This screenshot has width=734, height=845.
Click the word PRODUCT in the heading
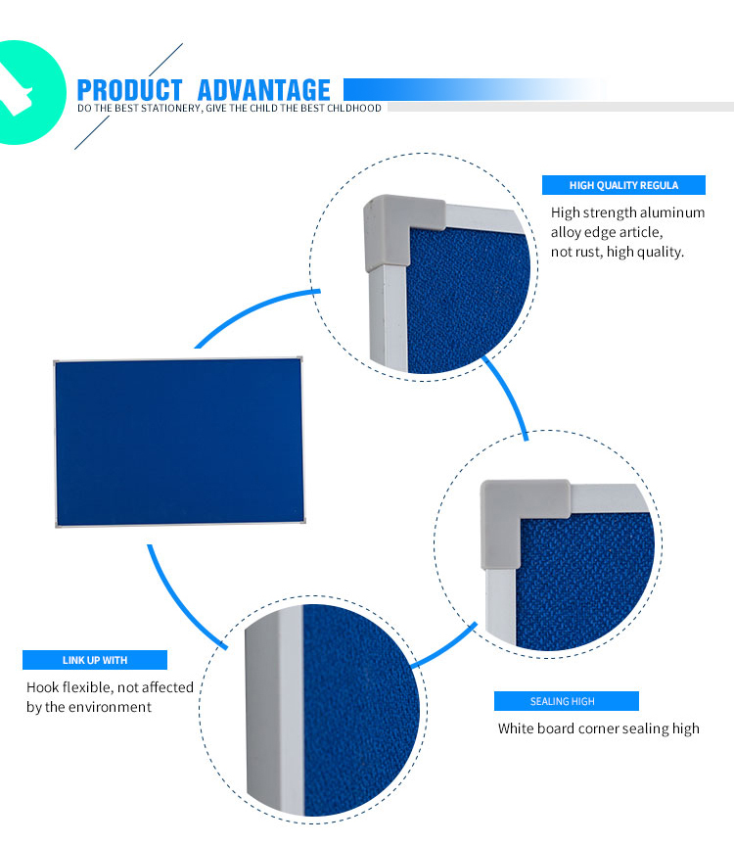pyautogui.click(x=130, y=90)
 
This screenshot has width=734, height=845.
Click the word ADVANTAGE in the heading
pyautogui.click(x=264, y=90)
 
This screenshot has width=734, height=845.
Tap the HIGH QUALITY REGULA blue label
pyautogui.click(x=623, y=185)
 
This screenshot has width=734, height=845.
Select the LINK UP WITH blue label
pyautogui.click(x=95, y=660)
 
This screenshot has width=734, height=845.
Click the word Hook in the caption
pyautogui.click(x=42, y=687)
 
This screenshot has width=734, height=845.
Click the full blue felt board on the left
pyautogui.click(x=179, y=442)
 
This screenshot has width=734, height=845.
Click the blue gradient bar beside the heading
pyautogui.click(x=474, y=89)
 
